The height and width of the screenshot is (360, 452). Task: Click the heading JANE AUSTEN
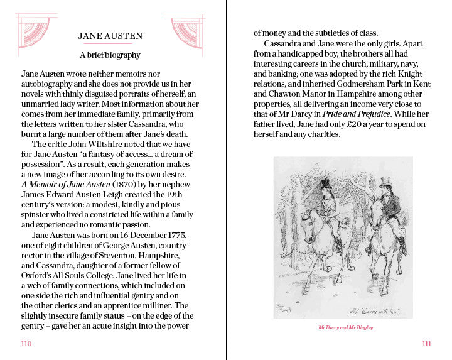tap(110, 36)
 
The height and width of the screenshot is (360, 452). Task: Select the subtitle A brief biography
tap(110, 55)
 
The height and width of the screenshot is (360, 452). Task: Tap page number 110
tap(26, 344)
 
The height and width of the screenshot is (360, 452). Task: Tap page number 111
tap(426, 344)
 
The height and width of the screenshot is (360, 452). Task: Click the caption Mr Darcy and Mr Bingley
tap(343, 327)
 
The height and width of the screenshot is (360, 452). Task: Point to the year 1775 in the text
tap(176, 235)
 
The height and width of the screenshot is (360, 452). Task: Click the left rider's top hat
tap(325, 185)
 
